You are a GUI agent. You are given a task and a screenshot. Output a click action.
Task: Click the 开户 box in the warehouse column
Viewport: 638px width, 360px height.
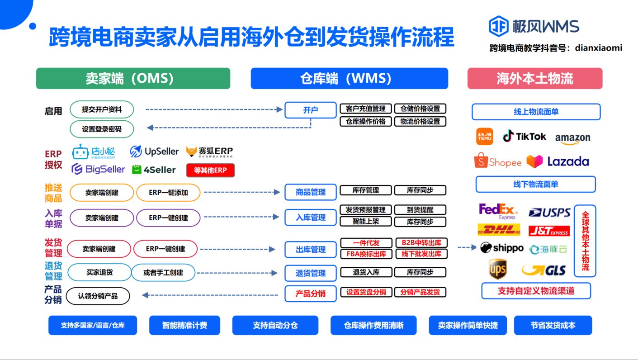(x=310, y=110)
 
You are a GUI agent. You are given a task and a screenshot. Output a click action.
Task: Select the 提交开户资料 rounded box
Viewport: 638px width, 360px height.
(x=102, y=109)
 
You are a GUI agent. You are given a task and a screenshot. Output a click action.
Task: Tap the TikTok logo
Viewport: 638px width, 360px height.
(x=525, y=136)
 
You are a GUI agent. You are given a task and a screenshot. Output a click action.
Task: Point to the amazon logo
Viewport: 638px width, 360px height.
(x=572, y=138)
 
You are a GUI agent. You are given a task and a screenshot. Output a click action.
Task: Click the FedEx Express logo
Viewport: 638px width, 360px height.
(x=497, y=211)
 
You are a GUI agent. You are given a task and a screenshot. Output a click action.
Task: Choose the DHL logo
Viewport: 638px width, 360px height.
(x=499, y=230)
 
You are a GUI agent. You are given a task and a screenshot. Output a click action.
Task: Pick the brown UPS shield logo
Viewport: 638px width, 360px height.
(x=497, y=270)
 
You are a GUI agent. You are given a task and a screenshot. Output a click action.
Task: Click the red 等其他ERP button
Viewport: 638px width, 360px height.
(x=210, y=170)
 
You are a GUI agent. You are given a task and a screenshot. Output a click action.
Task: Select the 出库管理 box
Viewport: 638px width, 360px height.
(x=311, y=250)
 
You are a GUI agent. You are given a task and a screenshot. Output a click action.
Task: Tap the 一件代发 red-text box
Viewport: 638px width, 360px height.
(x=366, y=243)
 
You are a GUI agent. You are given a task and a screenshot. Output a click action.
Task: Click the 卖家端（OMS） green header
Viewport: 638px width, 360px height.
(x=133, y=78)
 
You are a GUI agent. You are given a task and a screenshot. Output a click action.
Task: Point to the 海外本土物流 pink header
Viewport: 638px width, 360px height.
(x=534, y=78)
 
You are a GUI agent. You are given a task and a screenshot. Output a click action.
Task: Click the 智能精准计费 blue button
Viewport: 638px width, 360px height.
(x=184, y=325)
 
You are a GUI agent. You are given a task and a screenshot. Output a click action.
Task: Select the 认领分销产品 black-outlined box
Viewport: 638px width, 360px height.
(x=98, y=296)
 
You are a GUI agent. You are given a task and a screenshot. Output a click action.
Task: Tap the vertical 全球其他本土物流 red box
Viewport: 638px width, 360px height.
(x=585, y=241)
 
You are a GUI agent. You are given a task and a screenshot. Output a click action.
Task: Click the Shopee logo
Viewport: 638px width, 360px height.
(x=498, y=161)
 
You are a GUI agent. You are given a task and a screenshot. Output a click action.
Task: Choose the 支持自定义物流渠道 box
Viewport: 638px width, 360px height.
(x=536, y=291)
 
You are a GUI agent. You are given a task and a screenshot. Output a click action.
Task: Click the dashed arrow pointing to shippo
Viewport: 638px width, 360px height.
(x=467, y=247)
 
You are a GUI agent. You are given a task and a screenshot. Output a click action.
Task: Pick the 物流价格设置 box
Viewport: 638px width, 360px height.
(x=420, y=121)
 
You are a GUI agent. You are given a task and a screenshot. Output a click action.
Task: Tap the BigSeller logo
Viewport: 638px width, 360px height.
(x=98, y=169)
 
